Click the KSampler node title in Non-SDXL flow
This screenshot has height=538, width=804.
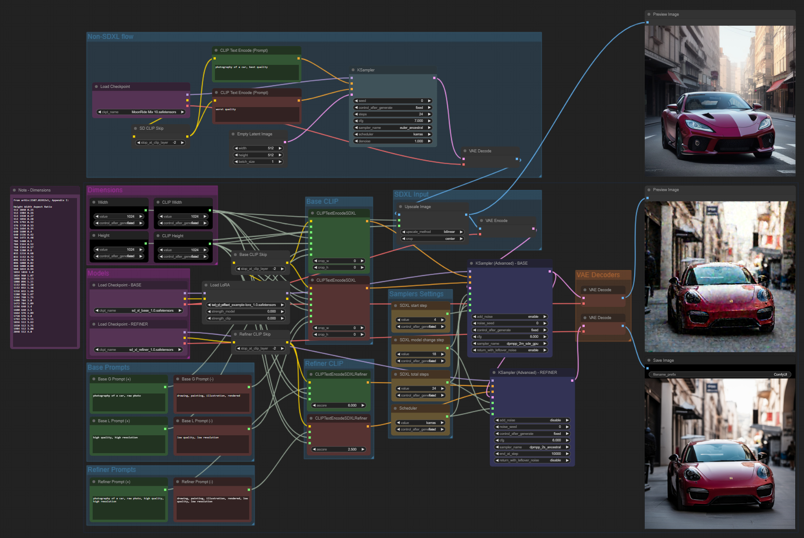(x=365, y=70)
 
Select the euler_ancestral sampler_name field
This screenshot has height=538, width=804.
(x=393, y=128)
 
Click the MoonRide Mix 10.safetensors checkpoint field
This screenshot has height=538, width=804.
(x=141, y=112)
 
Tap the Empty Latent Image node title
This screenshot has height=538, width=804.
(x=255, y=134)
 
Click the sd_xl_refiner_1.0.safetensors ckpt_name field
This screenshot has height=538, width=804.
(x=138, y=350)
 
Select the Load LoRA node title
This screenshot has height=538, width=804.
(x=220, y=285)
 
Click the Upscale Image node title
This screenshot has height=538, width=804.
(x=418, y=207)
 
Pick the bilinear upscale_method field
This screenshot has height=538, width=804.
(x=432, y=232)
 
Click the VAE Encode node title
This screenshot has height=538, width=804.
(x=496, y=221)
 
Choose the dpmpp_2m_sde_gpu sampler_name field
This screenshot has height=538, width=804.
(x=509, y=344)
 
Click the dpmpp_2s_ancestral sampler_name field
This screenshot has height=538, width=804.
(x=532, y=447)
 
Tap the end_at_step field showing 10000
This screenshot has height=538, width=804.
(x=532, y=454)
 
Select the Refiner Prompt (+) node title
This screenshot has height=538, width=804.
(x=114, y=482)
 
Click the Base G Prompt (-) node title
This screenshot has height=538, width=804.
(x=198, y=379)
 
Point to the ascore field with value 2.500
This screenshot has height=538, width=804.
(x=339, y=450)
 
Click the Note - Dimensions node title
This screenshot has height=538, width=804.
(x=34, y=190)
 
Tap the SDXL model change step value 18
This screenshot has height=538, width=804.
(x=420, y=354)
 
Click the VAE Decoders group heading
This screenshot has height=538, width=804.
(x=598, y=275)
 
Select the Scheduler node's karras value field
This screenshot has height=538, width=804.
(x=420, y=423)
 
